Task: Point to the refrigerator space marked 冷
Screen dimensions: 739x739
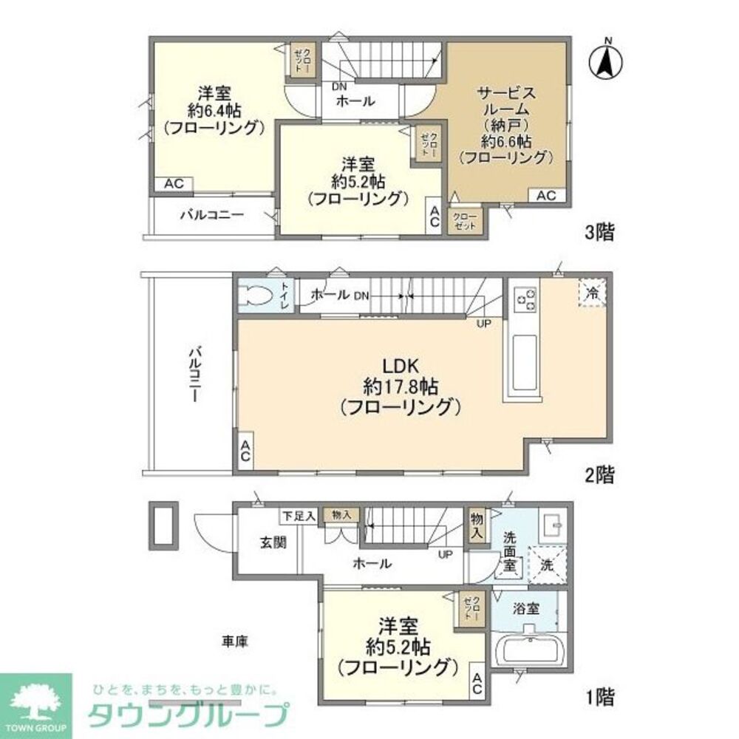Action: tap(592, 292)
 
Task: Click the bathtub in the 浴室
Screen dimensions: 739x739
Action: tap(530, 651)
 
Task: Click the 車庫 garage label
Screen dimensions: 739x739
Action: tap(234, 641)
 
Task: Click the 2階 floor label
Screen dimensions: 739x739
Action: tap(599, 474)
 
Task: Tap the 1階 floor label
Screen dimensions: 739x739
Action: tap(599, 695)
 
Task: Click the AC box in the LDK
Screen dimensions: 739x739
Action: tap(244, 453)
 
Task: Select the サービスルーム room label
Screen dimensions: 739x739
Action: tap(505, 124)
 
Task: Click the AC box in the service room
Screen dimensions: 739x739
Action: tap(546, 195)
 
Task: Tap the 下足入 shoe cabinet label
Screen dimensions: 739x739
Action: tap(299, 515)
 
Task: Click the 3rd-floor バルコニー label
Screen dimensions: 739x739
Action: tap(211, 216)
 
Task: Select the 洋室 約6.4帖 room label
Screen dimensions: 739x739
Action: tap(214, 110)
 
